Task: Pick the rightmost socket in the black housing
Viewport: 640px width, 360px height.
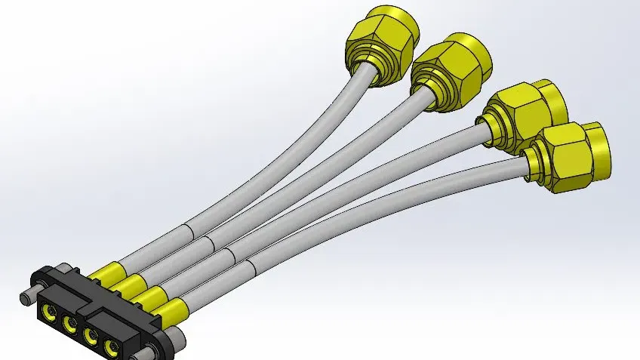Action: [x=112, y=348]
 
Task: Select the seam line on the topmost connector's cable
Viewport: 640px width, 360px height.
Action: [x=187, y=229]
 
